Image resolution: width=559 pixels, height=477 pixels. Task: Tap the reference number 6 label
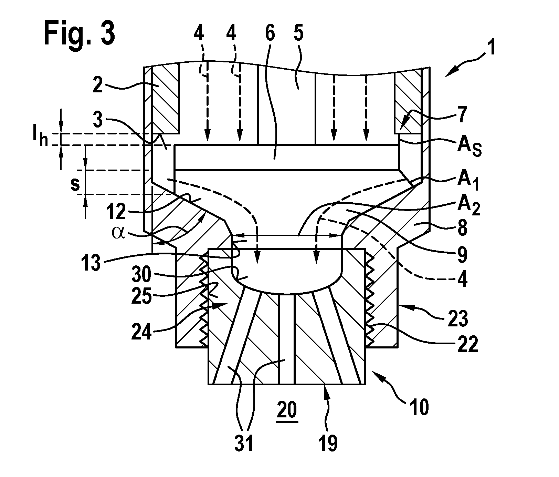click(270, 35)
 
